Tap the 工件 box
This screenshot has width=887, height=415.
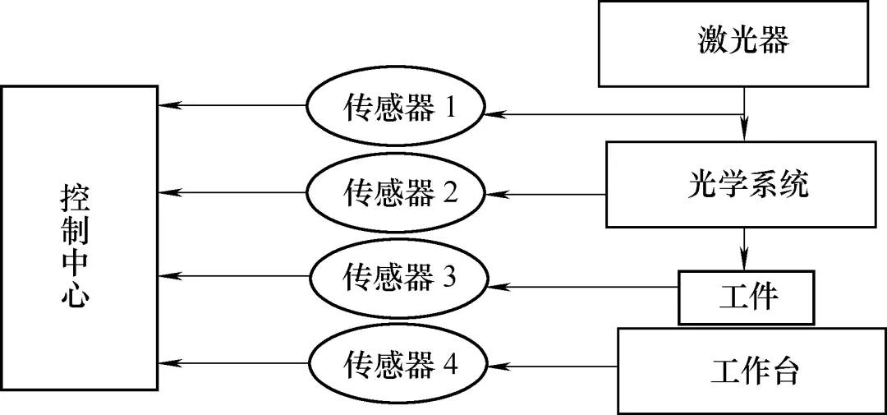[747, 295]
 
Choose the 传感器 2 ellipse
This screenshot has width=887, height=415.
[396, 194]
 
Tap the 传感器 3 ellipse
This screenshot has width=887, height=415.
[396, 277]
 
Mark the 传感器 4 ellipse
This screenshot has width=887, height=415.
[396, 364]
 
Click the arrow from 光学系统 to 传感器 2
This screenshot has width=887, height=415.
[546, 195]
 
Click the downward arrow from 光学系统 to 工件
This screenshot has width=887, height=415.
[745, 247]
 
